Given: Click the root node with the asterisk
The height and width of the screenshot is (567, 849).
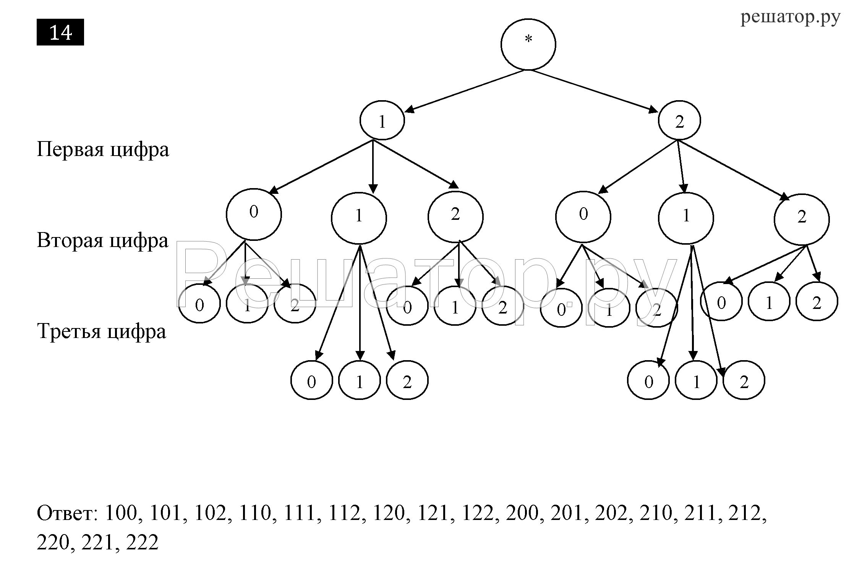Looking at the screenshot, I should (528, 44).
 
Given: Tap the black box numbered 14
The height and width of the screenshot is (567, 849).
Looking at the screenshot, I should (60, 32).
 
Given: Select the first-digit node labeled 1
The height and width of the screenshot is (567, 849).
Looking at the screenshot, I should (382, 120).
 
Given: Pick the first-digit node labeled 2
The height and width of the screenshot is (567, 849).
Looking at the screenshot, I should (679, 120).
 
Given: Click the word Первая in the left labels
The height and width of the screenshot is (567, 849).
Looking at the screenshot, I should (70, 149).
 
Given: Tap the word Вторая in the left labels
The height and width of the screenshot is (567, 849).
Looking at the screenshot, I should (70, 241).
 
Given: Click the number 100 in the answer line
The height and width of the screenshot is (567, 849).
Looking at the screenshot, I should (121, 513).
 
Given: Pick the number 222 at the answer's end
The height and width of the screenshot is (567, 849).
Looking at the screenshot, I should (142, 542).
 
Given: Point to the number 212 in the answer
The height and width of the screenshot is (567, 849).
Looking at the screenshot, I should (745, 513).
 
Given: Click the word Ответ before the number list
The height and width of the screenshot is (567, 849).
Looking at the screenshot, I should (67, 513).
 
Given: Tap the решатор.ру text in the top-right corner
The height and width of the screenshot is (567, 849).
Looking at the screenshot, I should (791, 18).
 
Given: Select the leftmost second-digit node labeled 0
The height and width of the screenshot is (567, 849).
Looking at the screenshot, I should (254, 214).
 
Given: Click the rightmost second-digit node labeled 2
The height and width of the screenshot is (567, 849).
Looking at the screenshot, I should (802, 219).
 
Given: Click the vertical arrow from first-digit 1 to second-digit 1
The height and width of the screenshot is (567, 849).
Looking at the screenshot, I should (373, 166).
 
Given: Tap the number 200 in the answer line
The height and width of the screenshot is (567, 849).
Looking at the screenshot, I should (522, 513).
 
